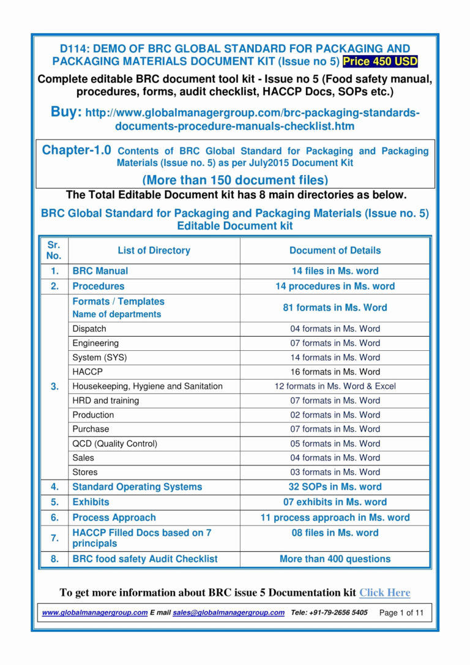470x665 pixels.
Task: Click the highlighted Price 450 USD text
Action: (x=380, y=61)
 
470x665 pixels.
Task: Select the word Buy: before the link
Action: (x=66, y=113)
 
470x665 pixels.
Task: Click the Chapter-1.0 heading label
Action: (x=76, y=150)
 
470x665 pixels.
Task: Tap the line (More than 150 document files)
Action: (x=235, y=180)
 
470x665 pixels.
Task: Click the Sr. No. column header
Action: (x=54, y=250)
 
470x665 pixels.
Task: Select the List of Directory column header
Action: (x=154, y=250)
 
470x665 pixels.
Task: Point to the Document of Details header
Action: (x=335, y=250)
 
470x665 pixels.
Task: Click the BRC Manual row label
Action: (x=100, y=271)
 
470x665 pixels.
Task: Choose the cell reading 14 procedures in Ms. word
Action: (x=335, y=286)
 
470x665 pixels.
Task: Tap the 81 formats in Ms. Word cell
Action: (x=335, y=307)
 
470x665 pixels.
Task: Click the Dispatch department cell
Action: (x=89, y=329)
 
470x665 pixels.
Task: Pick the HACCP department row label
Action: (x=88, y=372)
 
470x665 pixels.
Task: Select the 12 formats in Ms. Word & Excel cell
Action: (x=335, y=386)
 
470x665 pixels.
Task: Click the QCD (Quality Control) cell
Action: (x=114, y=443)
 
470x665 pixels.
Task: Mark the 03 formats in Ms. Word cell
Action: (x=335, y=472)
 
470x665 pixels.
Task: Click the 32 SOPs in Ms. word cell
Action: (x=335, y=487)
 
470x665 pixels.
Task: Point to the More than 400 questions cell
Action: (x=335, y=558)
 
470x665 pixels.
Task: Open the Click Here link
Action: (x=384, y=592)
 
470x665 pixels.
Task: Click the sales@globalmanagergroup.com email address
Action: (x=228, y=612)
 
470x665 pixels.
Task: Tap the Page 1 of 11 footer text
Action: (x=401, y=612)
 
